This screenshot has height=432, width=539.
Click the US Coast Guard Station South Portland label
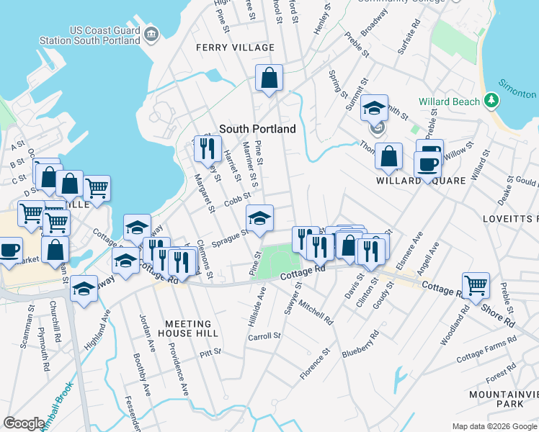104,36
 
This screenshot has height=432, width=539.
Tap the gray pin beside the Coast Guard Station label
151,34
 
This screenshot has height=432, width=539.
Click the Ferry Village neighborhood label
235,48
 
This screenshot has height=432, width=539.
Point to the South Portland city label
257,129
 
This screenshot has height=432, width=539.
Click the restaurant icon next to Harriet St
207,148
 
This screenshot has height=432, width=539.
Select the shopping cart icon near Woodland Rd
476,285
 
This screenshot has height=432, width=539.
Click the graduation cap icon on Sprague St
260,217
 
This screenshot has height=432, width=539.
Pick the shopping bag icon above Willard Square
388,156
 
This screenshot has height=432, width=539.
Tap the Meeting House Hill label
188,328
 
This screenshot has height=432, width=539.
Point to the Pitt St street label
211,352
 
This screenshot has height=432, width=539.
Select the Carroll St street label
264,336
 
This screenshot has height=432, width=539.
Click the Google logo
24,423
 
